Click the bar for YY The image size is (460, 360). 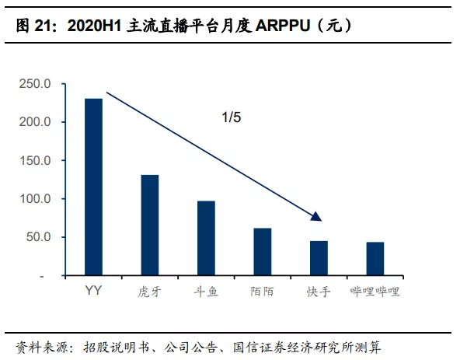coord(93,187)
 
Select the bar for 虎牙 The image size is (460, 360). coord(149,225)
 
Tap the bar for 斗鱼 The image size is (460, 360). coord(206,239)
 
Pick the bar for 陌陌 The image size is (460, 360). coord(263,252)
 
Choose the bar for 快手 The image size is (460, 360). coord(319,258)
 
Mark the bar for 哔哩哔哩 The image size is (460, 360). coord(375,259)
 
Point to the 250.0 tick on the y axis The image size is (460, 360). coord(35,84)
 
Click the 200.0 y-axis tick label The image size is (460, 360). coord(35,122)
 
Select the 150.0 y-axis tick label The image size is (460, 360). coord(35,161)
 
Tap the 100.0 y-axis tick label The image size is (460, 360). coord(35,199)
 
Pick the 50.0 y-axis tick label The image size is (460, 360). coord(38,237)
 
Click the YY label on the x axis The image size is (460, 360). coord(93,292)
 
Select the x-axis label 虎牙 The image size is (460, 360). coord(149,292)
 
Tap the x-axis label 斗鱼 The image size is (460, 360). coord(206,292)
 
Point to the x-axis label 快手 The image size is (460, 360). coord(319,292)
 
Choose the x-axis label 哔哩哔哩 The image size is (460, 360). coord(375,292)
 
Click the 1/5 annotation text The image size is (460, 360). coord(232,117)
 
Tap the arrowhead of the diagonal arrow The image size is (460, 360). coord(316,217)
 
